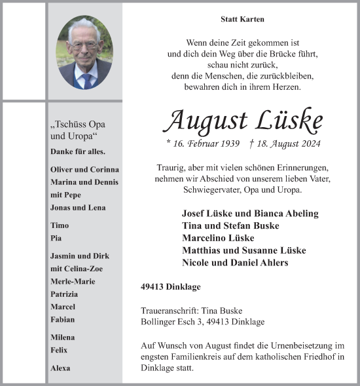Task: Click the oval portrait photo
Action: [x=84, y=52]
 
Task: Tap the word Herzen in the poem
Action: [x=285, y=87]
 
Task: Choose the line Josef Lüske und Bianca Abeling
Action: [x=250, y=214]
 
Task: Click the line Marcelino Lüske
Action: [x=218, y=238]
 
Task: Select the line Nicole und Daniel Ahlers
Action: [x=235, y=263]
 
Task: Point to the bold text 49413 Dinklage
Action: [x=170, y=286]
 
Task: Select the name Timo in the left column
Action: [x=59, y=225]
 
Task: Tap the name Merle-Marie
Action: [x=72, y=281]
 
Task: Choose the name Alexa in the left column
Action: [x=60, y=368]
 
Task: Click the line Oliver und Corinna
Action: [x=84, y=169]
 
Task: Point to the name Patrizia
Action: [x=64, y=294]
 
